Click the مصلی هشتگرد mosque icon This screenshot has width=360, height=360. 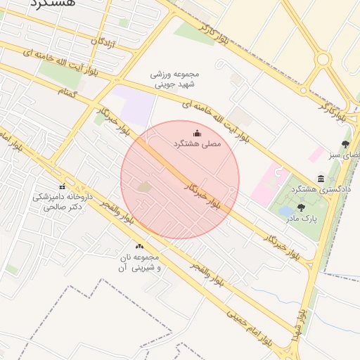tap(196, 134)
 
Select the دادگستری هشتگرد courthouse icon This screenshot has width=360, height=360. tap(321, 179)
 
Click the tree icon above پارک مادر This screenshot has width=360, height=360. tap(302, 207)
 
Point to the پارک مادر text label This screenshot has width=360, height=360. tap(301, 219)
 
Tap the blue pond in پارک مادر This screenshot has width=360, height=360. tap(287, 210)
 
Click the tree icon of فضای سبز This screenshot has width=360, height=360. tap(345, 144)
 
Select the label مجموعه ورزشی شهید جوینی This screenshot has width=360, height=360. tap(175, 79)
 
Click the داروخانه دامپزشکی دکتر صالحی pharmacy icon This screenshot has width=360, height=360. tap(62, 186)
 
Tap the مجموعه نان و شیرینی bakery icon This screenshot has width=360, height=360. tap(139, 247)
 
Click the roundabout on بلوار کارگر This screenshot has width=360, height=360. tap(323, 60)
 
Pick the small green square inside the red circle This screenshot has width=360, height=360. tap(144, 187)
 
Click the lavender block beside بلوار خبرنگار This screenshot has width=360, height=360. tap(136, 105)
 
